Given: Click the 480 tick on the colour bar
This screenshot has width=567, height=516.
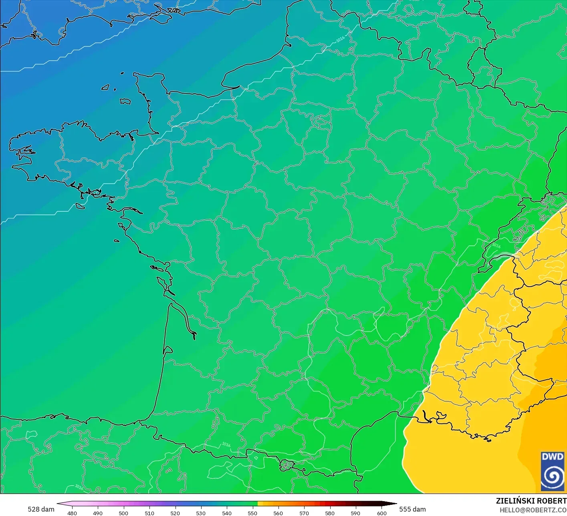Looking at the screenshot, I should pos(72,513).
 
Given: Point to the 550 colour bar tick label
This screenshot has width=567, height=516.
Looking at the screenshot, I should pos(252,513).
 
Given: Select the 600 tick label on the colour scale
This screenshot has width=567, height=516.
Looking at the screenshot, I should pos(381,513).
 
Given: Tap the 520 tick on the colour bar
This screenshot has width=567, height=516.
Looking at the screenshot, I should pos(175,513).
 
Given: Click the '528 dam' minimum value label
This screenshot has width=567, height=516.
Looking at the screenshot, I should pos(41,509).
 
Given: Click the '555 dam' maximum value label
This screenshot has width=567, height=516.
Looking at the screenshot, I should pos(412,509).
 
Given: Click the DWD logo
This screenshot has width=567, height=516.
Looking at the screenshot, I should pos(553,471).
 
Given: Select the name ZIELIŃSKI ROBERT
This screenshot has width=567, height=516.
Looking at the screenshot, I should pos(531,501).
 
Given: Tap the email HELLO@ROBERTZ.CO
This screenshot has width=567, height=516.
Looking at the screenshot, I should pos(533,510).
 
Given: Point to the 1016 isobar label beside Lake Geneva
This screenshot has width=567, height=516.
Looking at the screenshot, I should pos(496,245).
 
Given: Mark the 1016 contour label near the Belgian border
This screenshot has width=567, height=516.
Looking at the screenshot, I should pos(340,39).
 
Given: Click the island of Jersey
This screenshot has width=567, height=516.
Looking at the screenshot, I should pos(125,101).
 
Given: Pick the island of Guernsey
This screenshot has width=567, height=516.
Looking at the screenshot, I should pos(106,87).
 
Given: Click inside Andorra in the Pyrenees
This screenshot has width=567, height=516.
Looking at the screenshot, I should pos(287,465).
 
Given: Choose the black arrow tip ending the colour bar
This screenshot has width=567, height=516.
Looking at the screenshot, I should pos(393,504).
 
